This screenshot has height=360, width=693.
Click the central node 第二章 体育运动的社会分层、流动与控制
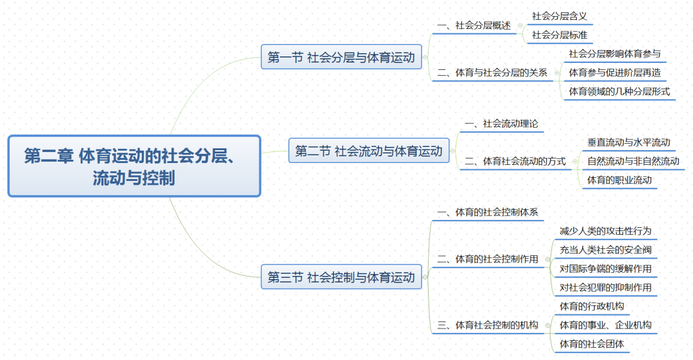click(134, 166)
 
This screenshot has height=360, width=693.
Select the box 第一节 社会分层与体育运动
click(341, 58)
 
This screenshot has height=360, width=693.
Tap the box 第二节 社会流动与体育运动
click(369, 151)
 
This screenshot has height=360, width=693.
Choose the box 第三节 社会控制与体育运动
click(341, 278)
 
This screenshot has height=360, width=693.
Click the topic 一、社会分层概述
click(474, 26)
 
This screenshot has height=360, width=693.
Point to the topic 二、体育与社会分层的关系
click(492, 73)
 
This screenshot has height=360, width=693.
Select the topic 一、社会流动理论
click(501, 124)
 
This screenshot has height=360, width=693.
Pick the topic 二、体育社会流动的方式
click(515, 161)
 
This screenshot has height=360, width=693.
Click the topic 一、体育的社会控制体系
click(488, 212)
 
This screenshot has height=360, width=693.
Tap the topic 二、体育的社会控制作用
click(488, 259)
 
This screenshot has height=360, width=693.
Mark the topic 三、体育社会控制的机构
click(488, 325)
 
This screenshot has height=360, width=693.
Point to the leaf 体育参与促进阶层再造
click(615, 73)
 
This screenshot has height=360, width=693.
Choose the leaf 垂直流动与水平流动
click(628, 142)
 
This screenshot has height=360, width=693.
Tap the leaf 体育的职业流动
click(619, 180)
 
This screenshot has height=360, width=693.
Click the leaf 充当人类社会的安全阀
click(606, 250)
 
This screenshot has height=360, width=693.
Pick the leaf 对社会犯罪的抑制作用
click(606, 287)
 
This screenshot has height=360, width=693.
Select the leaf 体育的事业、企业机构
click(606, 325)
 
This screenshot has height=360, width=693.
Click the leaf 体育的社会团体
click(592, 344)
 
